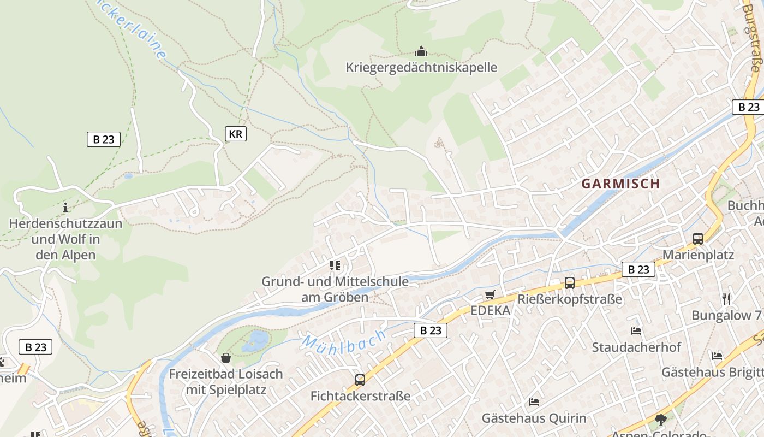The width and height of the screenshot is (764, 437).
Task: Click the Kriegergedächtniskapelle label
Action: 421,68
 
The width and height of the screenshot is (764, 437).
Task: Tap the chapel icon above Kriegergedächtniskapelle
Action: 421,52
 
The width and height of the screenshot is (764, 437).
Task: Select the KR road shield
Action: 236,134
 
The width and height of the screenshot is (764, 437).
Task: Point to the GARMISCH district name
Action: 620,184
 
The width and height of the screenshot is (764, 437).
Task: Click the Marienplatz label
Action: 698,255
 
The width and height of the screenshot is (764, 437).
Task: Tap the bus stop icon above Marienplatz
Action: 698,238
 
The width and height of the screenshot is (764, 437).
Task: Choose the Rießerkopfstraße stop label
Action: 570,299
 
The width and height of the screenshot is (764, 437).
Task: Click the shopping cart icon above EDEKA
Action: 490,295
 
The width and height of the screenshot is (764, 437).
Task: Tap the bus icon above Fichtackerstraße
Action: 360,380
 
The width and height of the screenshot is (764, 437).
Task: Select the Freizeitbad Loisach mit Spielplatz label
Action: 226,382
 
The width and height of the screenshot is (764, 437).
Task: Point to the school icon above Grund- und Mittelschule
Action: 335,265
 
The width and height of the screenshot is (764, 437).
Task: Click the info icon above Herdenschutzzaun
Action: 65,208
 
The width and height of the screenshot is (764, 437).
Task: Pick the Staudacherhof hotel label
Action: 636,347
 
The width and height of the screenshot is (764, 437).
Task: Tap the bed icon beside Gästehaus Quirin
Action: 534,402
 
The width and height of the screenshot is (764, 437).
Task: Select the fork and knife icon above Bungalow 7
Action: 726,299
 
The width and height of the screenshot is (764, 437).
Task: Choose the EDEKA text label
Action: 491,311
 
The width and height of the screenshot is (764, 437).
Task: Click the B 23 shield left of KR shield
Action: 104,139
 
